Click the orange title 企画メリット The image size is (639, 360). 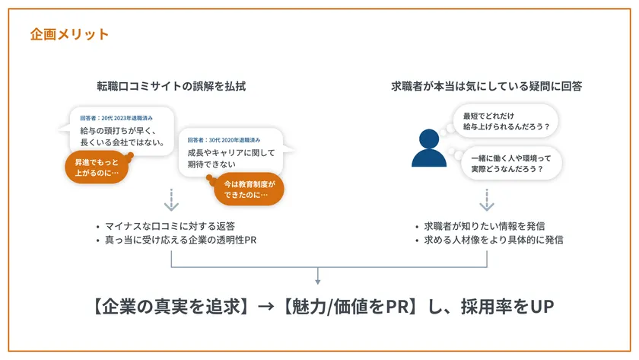click(69, 34)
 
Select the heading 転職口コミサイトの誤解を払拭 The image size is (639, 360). click(171, 86)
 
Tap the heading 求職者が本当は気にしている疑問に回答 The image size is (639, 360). click(487, 86)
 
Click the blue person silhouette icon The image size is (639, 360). click(429, 148)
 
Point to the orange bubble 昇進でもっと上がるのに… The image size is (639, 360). click(97, 167)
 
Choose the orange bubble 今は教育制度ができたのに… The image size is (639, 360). click(249, 190)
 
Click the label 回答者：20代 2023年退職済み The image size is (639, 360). click(116, 118)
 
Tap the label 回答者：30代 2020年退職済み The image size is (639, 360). click(224, 140)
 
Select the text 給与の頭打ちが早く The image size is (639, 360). click(118, 130)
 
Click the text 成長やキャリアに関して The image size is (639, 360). click(231, 152)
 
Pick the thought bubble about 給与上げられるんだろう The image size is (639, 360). click(505, 121)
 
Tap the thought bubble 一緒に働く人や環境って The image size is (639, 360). click(511, 164)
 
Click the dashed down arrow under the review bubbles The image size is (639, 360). click(171, 199)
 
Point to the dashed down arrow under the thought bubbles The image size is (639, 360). click(487, 199)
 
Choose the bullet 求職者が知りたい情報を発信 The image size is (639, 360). click(480, 226)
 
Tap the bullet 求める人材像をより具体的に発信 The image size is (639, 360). click(489, 240)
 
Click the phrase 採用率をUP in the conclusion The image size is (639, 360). click(507, 307)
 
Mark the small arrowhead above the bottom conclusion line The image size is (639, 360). click(318, 282)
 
